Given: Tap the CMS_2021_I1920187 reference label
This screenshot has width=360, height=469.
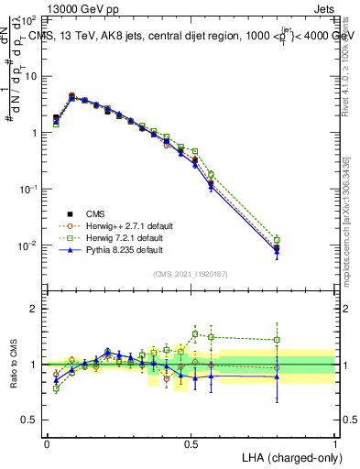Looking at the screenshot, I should [x=191, y=274].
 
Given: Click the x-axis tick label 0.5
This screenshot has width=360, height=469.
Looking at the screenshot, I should [x=191, y=442].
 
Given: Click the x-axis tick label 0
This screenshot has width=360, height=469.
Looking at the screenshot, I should [x=47, y=442].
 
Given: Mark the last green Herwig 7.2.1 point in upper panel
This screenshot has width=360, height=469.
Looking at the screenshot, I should [x=277, y=240].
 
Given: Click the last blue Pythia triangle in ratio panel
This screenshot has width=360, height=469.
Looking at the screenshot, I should [x=277, y=376].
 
